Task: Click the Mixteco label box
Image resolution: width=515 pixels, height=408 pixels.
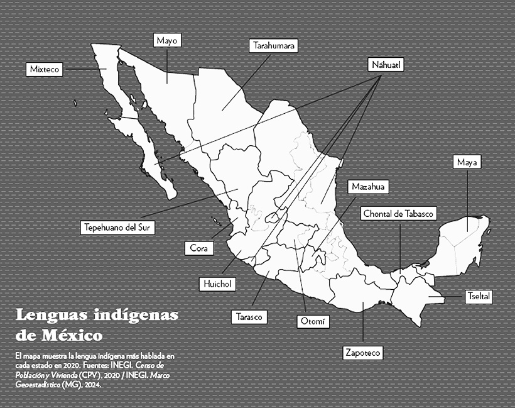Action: click(x=45, y=69)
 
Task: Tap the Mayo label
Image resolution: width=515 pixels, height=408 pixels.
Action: click(x=167, y=40)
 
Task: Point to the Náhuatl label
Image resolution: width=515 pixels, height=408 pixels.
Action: click(x=386, y=65)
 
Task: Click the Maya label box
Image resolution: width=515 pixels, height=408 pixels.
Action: click(x=467, y=162)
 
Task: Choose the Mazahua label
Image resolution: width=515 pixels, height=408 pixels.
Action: click(x=368, y=187)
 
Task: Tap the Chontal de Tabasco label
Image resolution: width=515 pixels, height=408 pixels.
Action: click(x=399, y=214)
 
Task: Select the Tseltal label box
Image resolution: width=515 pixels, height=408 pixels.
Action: click(x=479, y=295)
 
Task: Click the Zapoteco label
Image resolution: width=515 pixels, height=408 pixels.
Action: click(x=362, y=353)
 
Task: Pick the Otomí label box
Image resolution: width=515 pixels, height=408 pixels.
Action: click(x=312, y=321)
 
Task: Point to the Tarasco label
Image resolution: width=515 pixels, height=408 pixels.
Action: click(x=249, y=316)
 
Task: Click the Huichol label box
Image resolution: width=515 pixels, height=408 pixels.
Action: click(x=217, y=284)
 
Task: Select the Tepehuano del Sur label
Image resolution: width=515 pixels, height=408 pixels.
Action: click(x=119, y=227)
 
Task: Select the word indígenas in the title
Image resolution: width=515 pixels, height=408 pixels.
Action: click(x=139, y=314)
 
